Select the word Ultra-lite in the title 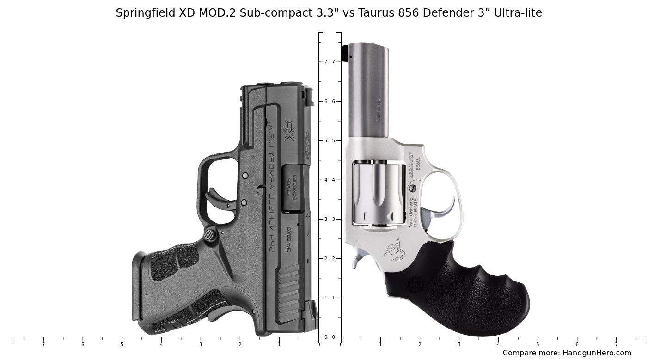(518, 13)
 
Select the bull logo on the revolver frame (394, 250)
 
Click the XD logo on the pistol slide (289, 131)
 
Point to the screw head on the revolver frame (413, 188)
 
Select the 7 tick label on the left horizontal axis (43, 344)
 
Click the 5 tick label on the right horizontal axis (538, 344)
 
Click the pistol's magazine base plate (136, 287)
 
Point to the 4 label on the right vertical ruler (333, 180)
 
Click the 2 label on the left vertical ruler (326, 258)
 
